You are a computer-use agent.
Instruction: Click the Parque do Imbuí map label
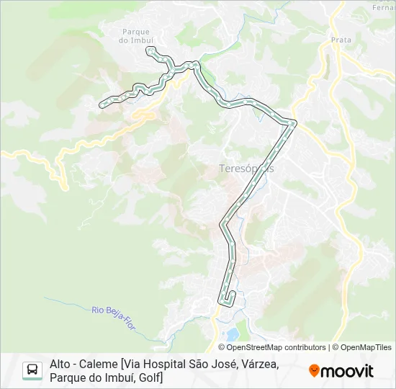coord(135,36)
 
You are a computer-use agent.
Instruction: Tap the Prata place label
coord(341,40)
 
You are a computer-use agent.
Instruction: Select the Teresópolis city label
coord(246,169)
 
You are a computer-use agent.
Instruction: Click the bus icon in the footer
coord(32,370)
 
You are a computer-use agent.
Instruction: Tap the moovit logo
coord(341,371)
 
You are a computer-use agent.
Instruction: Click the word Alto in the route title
coord(61,365)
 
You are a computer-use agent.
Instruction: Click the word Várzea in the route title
coord(257,365)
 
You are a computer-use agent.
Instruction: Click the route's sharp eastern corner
coord(294,122)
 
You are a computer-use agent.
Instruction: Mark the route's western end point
coord(101,104)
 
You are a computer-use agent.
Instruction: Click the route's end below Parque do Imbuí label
coord(149,49)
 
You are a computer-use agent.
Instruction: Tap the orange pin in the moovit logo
coord(314,371)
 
